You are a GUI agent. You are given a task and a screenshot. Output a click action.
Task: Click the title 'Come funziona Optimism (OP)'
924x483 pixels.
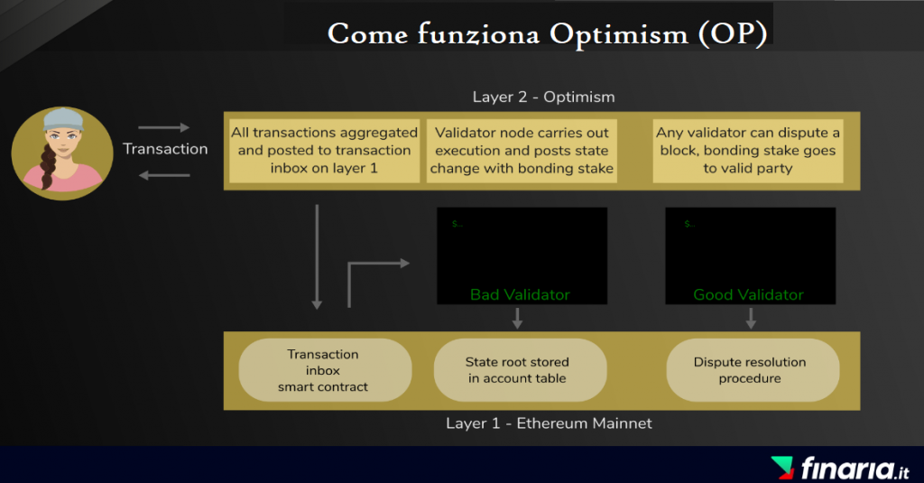(548, 33)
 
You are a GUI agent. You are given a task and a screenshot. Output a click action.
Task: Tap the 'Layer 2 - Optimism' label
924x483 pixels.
(543, 97)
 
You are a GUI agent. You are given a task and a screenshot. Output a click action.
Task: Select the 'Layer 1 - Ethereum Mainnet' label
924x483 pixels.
(549, 423)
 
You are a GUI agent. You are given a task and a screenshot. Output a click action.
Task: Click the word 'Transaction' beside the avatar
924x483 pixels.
(165, 149)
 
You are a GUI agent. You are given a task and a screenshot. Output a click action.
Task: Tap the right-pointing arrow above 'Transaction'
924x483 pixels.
(164, 127)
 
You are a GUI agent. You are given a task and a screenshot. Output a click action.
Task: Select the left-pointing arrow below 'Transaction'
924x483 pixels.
(164, 175)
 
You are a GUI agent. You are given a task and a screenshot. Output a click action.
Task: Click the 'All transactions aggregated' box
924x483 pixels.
(324, 151)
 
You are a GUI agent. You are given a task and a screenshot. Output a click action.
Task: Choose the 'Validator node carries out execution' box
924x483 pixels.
(522, 151)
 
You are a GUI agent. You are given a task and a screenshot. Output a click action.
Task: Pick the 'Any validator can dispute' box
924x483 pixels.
(748, 151)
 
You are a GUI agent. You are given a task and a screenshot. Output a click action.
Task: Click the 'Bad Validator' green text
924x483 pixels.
(520, 294)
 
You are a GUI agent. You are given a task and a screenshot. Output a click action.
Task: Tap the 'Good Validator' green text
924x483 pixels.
(748, 294)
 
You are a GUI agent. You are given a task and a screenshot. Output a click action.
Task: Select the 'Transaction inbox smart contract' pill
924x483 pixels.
(325, 370)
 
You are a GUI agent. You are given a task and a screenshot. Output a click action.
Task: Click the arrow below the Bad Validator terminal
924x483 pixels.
(517, 318)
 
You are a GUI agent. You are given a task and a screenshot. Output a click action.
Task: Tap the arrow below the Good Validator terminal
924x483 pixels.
(751, 318)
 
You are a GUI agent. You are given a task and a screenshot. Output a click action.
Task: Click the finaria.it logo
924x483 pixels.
(840, 469)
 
